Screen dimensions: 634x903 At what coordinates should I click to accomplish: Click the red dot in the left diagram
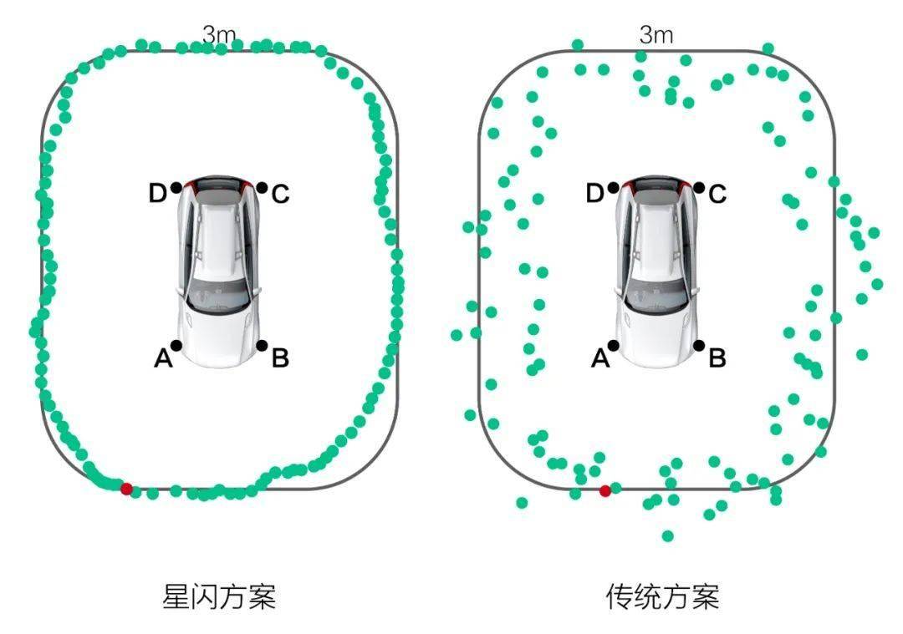coord(126,489)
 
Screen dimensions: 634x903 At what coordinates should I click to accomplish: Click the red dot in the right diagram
coord(605,490)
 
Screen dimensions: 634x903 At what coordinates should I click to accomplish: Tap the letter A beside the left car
coord(163,359)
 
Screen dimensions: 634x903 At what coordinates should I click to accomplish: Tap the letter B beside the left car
coord(280,359)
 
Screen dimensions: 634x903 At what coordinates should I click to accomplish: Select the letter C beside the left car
coord(280,195)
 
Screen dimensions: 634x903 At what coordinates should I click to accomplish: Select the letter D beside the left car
coord(157,194)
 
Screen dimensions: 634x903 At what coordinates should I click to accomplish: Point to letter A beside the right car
coord(599,359)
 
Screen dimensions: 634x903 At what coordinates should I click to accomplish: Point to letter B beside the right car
coord(717,359)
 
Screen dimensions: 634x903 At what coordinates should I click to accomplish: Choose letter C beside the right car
coord(717,195)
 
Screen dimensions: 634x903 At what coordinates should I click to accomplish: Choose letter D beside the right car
coord(594,194)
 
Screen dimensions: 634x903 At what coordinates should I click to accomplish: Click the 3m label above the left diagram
coord(220,35)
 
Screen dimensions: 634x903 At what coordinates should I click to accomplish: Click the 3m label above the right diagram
coord(656,35)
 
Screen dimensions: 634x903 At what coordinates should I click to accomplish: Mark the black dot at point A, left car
coord(176,345)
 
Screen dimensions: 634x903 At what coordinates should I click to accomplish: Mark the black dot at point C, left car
coord(262,188)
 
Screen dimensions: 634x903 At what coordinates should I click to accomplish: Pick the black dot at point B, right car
coord(698,345)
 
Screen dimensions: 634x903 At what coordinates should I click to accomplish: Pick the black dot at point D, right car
coord(614,188)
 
